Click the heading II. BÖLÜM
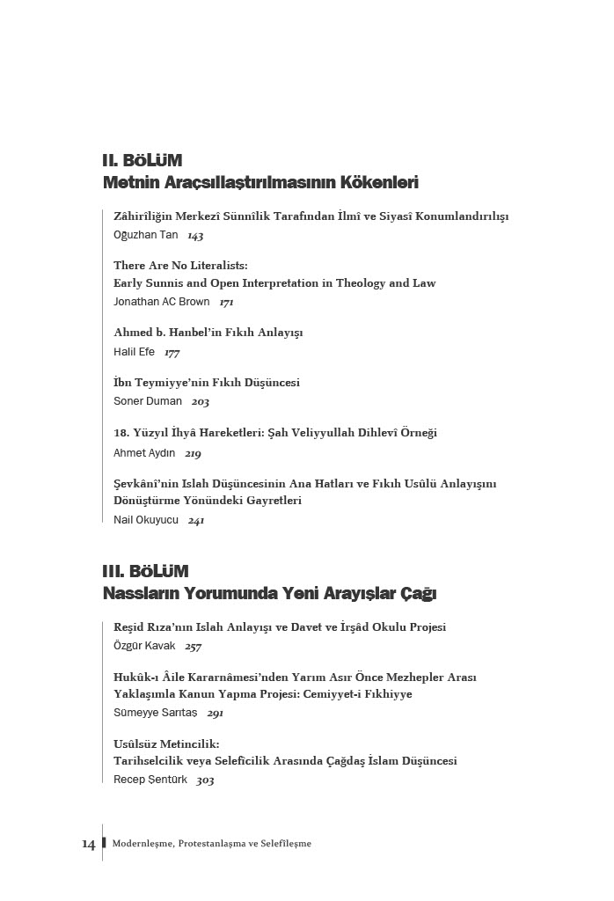[x=142, y=161]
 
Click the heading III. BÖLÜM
[x=145, y=572]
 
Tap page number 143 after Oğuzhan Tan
[x=195, y=236]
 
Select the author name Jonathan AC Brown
[x=162, y=302]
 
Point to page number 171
[x=227, y=303]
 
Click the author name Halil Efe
[x=134, y=352]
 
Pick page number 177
[x=172, y=353]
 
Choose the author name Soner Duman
[x=148, y=401]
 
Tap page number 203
[x=201, y=402]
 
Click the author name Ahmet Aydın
[x=144, y=453]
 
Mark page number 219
[x=193, y=454]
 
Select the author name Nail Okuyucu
[x=146, y=520]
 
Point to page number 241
[x=196, y=521]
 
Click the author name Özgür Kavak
[x=144, y=646]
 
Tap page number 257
[x=194, y=647]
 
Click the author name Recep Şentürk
[x=150, y=780]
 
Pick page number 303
[x=205, y=780]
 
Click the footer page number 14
[x=89, y=844]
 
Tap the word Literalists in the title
[x=212, y=265]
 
